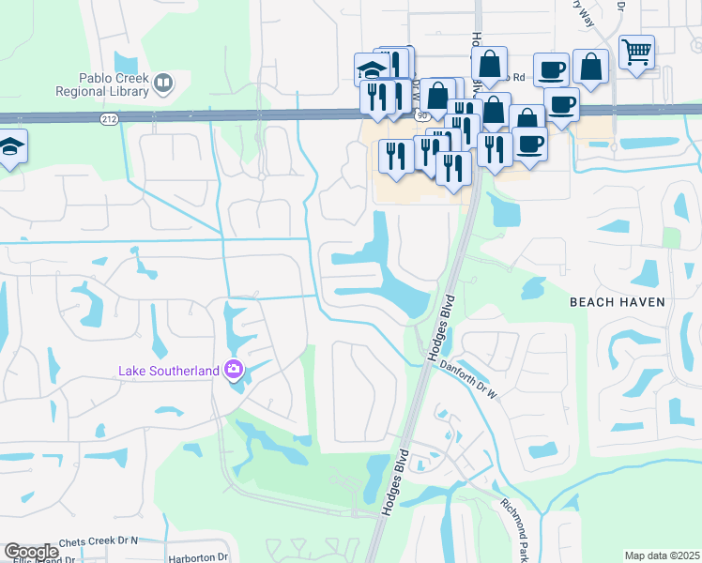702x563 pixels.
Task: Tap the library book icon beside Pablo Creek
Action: (164, 85)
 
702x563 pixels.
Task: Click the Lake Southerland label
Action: (168, 370)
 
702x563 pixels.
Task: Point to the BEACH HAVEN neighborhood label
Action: (618, 301)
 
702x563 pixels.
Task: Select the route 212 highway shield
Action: (109, 119)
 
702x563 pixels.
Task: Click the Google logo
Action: (31, 552)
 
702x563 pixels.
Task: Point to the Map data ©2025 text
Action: (662, 555)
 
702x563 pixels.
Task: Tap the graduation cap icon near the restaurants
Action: (372, 68)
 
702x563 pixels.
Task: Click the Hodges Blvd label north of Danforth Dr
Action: (440, 327)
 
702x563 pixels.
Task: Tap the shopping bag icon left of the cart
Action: (590, 67)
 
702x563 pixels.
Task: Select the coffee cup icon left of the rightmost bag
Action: (551, 68)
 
